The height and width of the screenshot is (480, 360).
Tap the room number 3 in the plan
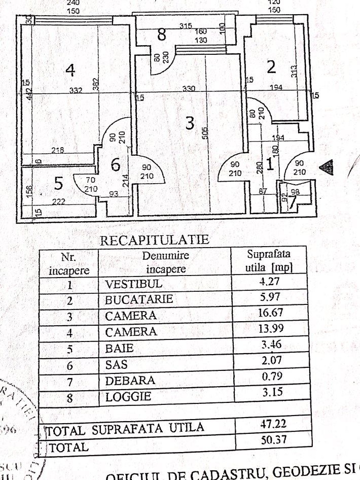tap(189, 123)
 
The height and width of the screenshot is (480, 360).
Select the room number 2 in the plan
tap(271, 66)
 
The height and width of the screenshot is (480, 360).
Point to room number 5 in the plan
tap(58, 185)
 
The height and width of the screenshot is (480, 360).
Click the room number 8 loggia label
tap(161, 35)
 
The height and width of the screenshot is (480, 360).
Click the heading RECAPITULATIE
tap(155, 239)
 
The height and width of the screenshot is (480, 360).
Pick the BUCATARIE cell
tap(139, 299)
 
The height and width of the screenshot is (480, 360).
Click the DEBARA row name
tap(130, 381)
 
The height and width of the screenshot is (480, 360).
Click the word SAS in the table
tap(116, 364)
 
